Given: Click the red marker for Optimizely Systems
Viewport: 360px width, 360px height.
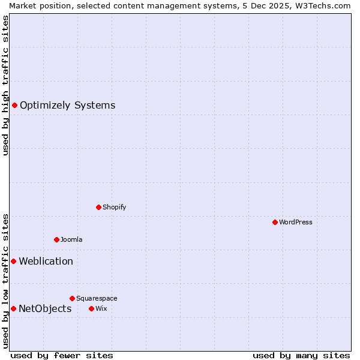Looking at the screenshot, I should point(14,106).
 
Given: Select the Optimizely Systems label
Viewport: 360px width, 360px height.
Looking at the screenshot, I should point(67,106).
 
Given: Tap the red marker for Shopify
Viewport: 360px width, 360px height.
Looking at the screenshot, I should point(98,208).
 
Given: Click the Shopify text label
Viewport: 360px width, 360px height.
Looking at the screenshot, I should point(114,208).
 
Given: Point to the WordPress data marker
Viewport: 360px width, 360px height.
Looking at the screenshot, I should point(275,223).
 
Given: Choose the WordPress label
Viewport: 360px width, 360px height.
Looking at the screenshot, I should point(295,223).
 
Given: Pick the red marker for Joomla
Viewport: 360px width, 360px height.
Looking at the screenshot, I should point(56,240).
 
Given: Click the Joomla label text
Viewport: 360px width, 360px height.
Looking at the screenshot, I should point(71,240).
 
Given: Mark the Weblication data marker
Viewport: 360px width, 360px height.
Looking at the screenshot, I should point(13,262).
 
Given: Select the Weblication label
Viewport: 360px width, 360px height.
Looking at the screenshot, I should point(46,262).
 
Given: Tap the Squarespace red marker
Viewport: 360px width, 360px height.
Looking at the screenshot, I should point(72,298).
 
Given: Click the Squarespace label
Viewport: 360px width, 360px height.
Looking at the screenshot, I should point(97,298).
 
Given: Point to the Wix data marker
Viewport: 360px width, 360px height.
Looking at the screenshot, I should point(91,309).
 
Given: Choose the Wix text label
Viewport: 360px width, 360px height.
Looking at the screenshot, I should point(101,309).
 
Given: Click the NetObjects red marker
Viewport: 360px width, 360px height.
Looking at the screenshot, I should point(13,309).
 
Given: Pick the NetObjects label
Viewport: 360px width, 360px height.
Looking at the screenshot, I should point(45,309).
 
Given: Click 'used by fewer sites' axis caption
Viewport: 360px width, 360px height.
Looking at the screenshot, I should point(62,356).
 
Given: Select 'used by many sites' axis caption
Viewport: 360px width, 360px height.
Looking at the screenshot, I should point(301,356).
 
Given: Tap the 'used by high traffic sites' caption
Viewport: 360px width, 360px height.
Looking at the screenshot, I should point(6,85).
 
